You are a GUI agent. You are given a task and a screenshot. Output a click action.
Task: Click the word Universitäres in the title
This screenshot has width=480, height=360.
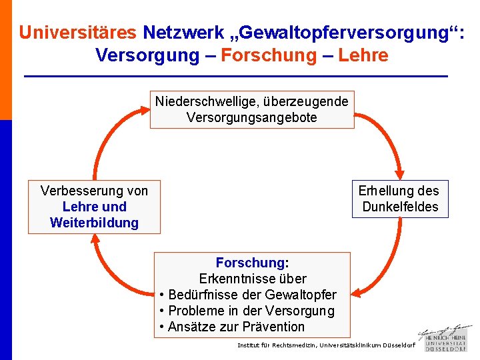(77, 32)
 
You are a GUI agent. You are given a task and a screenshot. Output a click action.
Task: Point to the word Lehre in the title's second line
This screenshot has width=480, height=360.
(363, 55)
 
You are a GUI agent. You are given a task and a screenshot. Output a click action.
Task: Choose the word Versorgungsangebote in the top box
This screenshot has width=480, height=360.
(251, 117)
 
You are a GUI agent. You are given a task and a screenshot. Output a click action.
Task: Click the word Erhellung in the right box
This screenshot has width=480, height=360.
(384, 191)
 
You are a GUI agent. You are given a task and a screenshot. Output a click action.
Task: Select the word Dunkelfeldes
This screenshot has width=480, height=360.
(400, 207)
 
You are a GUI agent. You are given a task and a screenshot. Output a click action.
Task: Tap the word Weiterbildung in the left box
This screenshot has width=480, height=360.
(94, 223)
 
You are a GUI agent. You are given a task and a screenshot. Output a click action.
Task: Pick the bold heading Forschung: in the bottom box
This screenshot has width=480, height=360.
(252, 263)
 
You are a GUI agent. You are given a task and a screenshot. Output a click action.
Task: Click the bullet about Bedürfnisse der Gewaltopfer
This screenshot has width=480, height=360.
(252, 295)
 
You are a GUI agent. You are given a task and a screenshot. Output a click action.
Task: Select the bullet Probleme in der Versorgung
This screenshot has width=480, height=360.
(251, 311)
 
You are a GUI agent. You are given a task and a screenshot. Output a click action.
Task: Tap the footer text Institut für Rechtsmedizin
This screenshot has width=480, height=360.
(277, 345)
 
